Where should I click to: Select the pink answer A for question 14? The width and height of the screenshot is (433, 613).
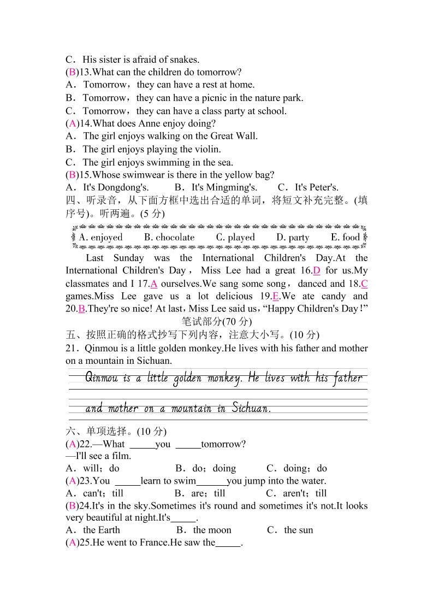(x=72, y=123)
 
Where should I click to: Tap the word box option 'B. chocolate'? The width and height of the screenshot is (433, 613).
(x=169, y=237)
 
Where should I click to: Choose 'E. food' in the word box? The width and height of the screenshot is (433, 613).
(x=345, y=237)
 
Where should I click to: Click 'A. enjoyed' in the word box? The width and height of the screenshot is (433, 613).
(x=101, y=237)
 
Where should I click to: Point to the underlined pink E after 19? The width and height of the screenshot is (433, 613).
(x=276, y=297)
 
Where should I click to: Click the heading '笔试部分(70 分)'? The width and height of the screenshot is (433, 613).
(x=217, y=322)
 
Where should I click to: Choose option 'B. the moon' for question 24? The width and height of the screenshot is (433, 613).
(x=204, y=530)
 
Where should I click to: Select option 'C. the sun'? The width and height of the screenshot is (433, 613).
(x=290, y=530)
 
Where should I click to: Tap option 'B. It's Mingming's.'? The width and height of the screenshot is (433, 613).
(x=216, y=187)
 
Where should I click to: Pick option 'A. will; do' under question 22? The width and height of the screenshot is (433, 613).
(x=92, y=468)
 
